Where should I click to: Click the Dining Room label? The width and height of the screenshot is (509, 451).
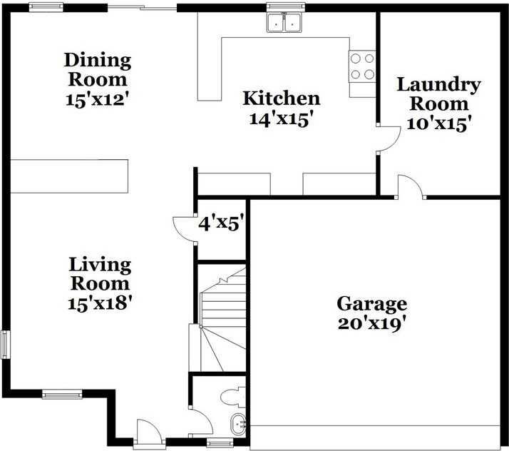pos(97,70)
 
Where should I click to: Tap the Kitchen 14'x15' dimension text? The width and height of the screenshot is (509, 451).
pos(281,119)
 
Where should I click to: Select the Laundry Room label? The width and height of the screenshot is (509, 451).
pos(438,94)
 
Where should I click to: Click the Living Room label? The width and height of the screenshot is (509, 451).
pos(100,274)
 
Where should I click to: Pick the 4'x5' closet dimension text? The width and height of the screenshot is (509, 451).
pos(222,224)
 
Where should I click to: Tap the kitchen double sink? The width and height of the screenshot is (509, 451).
pos(284,23)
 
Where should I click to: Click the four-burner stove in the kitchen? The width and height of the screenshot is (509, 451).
pos(362,66)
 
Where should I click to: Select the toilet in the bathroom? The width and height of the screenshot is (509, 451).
pos(233,395)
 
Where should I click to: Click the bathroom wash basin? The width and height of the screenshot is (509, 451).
pos(239,424)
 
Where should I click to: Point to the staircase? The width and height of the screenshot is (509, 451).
pos(222,321)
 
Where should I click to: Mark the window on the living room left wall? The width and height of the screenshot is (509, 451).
pos(5,344)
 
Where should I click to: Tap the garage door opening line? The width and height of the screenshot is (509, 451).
pos(375,427)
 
